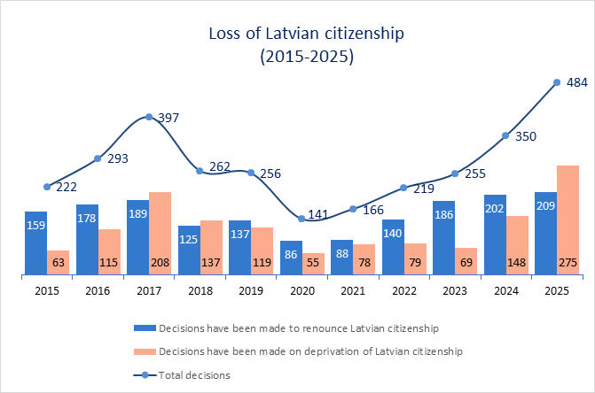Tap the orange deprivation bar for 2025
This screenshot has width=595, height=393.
point(568,220)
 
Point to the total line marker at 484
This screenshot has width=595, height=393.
point(557,82)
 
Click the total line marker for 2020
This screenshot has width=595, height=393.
point(301,218)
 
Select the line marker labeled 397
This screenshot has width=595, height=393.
point(148,117)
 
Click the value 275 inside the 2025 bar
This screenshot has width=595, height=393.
point(568,264)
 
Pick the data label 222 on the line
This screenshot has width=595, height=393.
point(67,187)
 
